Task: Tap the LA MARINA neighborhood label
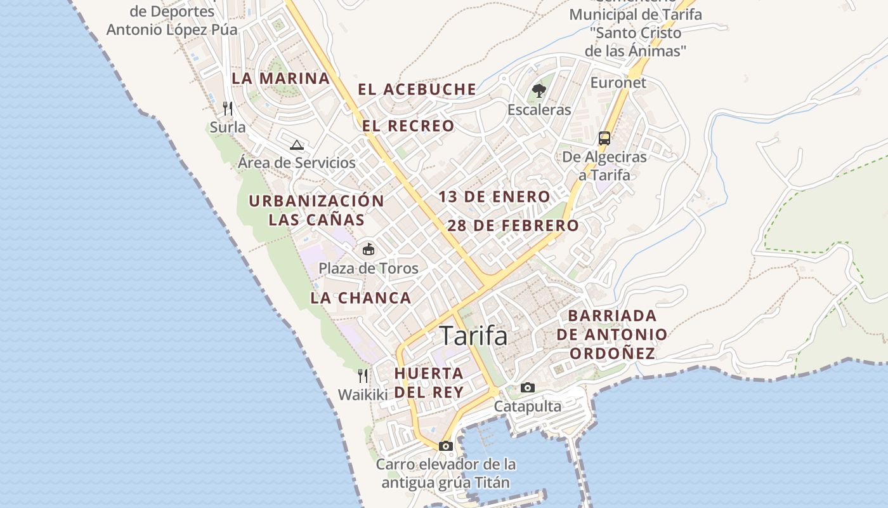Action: coord(280,79)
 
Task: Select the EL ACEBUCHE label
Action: coord(417,90)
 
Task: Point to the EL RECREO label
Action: coord(408,126)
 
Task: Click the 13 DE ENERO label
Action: coord(494,197)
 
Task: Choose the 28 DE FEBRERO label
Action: coord(513,225)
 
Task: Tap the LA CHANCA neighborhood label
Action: coord(361,298)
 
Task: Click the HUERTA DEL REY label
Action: coord(429,382)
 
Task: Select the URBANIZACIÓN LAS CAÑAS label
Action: coord(317,210)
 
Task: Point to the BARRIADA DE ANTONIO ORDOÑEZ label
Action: coord(611,335)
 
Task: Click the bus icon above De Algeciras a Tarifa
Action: coord(604,138)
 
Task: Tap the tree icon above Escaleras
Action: coord(539,91)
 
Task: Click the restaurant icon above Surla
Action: coord(228,109)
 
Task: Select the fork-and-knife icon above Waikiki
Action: coord(363,376)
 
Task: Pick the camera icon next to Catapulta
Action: coord(527,387)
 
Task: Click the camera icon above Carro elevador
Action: coord(445,446)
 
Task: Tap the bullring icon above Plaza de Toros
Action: coord(368,249)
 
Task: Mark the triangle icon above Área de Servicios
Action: coord(297,145)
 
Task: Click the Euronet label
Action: coord(618,83)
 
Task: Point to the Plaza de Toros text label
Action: coord(368,268)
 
